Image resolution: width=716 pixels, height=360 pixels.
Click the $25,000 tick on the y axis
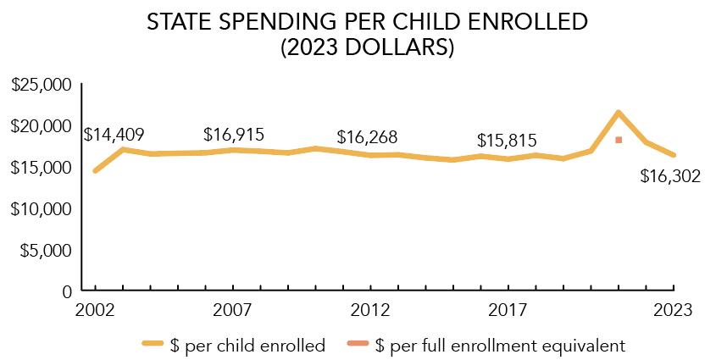coord(42,85)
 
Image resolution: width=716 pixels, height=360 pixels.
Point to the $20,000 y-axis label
coord(42,126)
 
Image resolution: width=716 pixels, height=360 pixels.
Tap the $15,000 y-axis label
coord(42,168)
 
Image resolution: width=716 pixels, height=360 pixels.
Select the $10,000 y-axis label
coord(42,208)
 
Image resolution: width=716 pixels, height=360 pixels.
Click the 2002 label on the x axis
coord(95,309)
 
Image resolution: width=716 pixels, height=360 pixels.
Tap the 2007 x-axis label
coord(233,309)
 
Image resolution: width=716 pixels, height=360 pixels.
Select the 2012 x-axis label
coord(370,309)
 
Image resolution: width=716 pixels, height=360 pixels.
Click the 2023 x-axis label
coord(674,309)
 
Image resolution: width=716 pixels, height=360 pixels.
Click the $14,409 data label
coord(114,135)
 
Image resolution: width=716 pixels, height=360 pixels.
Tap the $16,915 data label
coord(234,135)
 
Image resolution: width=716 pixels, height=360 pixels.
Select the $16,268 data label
coord(367,137)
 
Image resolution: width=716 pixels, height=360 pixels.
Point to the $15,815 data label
coord(507,141)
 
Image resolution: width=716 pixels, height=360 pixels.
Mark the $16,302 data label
coord(670,177)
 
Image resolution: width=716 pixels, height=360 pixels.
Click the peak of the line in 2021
coord(619,113)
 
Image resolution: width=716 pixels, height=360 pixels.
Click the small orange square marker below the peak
coord(619,140)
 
